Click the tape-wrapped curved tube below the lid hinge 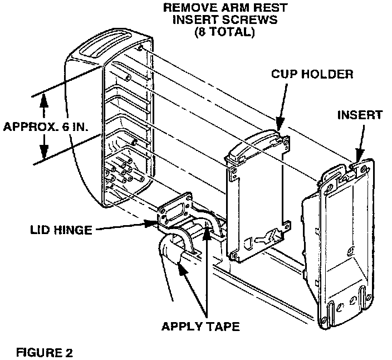pyautogui.click(x=176, y=254)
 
